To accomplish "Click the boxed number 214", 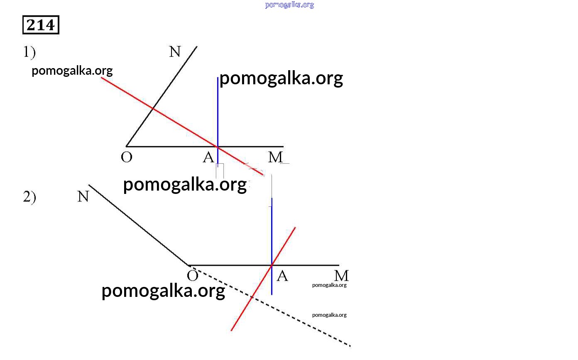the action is (41, 25).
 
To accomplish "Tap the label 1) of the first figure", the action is (29, 52).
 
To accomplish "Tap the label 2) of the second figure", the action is (29, 197).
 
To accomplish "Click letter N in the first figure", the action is (175, 51).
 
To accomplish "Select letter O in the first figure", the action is (126, 157).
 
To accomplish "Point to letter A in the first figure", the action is (208, 157).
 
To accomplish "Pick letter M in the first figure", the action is (276, 157).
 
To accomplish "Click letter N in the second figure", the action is (83, 196).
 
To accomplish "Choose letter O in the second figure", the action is (193, 276).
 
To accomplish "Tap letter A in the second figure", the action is (282, 276).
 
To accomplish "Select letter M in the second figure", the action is (342, 276).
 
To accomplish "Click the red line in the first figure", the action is (182, 126).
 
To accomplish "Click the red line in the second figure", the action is (263, 279).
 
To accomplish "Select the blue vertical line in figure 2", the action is (272, 247).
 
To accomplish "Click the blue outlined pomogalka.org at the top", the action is (289, 5).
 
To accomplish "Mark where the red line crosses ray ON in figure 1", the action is (153, 109).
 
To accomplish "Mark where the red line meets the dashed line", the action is (252, 297).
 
